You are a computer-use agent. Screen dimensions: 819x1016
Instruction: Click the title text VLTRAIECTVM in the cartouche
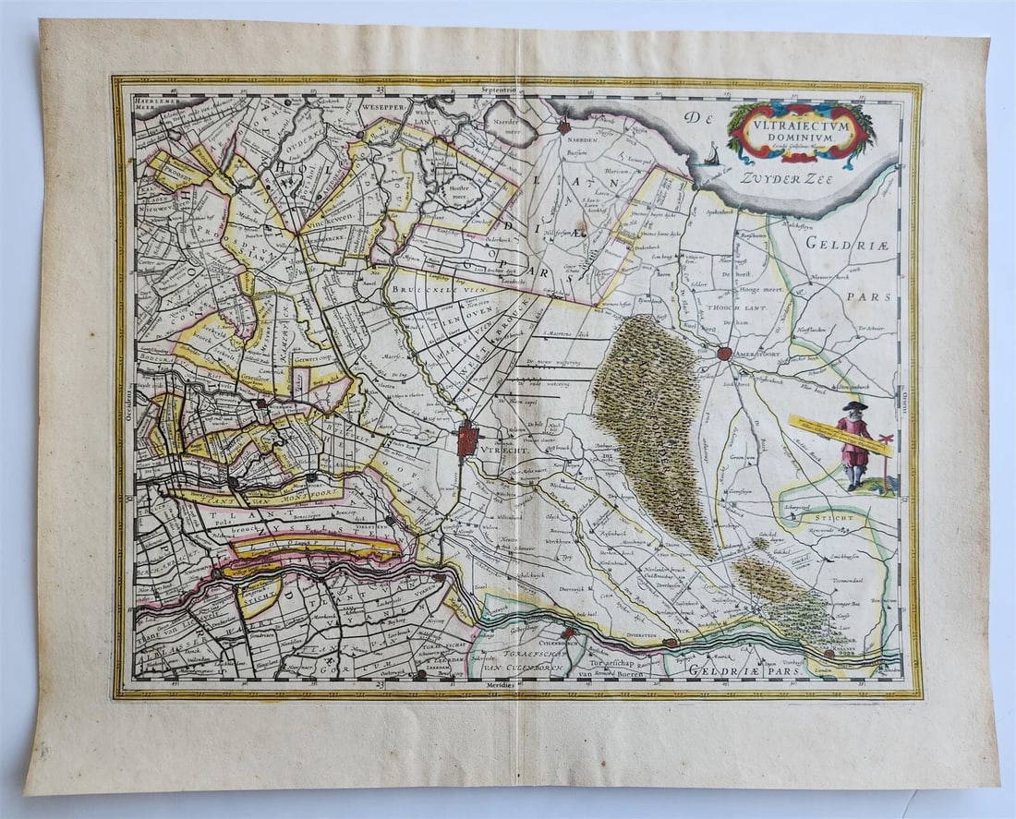click(801, 119)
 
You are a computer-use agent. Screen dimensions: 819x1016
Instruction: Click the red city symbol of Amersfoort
click(725, 353)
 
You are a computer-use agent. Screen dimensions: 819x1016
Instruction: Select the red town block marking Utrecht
click(468, 440)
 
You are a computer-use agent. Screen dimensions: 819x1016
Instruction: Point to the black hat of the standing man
click(853, 406)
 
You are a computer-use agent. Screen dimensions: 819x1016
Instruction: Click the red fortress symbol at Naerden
click(564, 127)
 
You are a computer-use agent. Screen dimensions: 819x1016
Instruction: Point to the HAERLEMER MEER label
click(153, 101)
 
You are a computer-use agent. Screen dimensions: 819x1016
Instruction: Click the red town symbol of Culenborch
click(571, 633)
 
